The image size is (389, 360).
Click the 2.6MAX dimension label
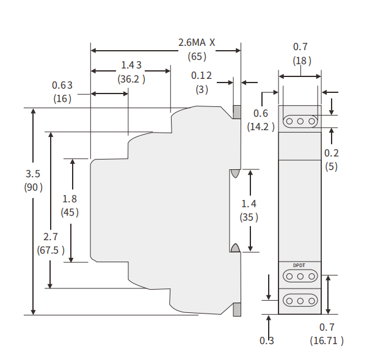pyautogui.click(x=197, y=42)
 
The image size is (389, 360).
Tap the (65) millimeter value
pyautogui.click(x=197, y=56)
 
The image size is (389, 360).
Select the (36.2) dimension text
pyautogui.click(x=131, y=79)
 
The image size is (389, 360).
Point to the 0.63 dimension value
pyautogui.click(x=62, y=85)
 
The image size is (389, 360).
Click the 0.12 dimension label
pyautogui.click(x=202, y=75)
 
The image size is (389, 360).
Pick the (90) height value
pyautogui.click(x=33, y=187)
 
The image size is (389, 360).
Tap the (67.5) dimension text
pyautogui.click(x=51, y=250)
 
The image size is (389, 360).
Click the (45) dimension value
pyautogui.click(x=70, y=212)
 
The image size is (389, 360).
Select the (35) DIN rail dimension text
pyautogui.click(x=249, y=217)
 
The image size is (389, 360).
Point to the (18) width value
pyautogui.click(x=302, y=61)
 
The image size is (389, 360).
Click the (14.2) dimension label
pyautogui.click(x=261, y=127)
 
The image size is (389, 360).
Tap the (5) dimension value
pyautogui.click(x=332, y=166)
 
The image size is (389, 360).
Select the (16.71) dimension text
pyautogui.click(x=327, y=340)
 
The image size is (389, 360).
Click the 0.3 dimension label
pyautogui.click(x=267, y=340)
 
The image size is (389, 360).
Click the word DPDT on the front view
pyautogui.click(x=299, y=265)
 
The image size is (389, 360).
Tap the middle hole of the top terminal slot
pyautogui.click(x=300, y=122)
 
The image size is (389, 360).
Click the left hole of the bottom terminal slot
pyautogui.click(x=289, y=301)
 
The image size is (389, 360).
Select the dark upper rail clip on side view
pyautogui.click(x=237, y=112)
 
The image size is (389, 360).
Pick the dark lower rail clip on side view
pyautogui.click(x=237, y=309)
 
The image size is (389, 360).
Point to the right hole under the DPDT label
pyautogui.click(x=311, y=276)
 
